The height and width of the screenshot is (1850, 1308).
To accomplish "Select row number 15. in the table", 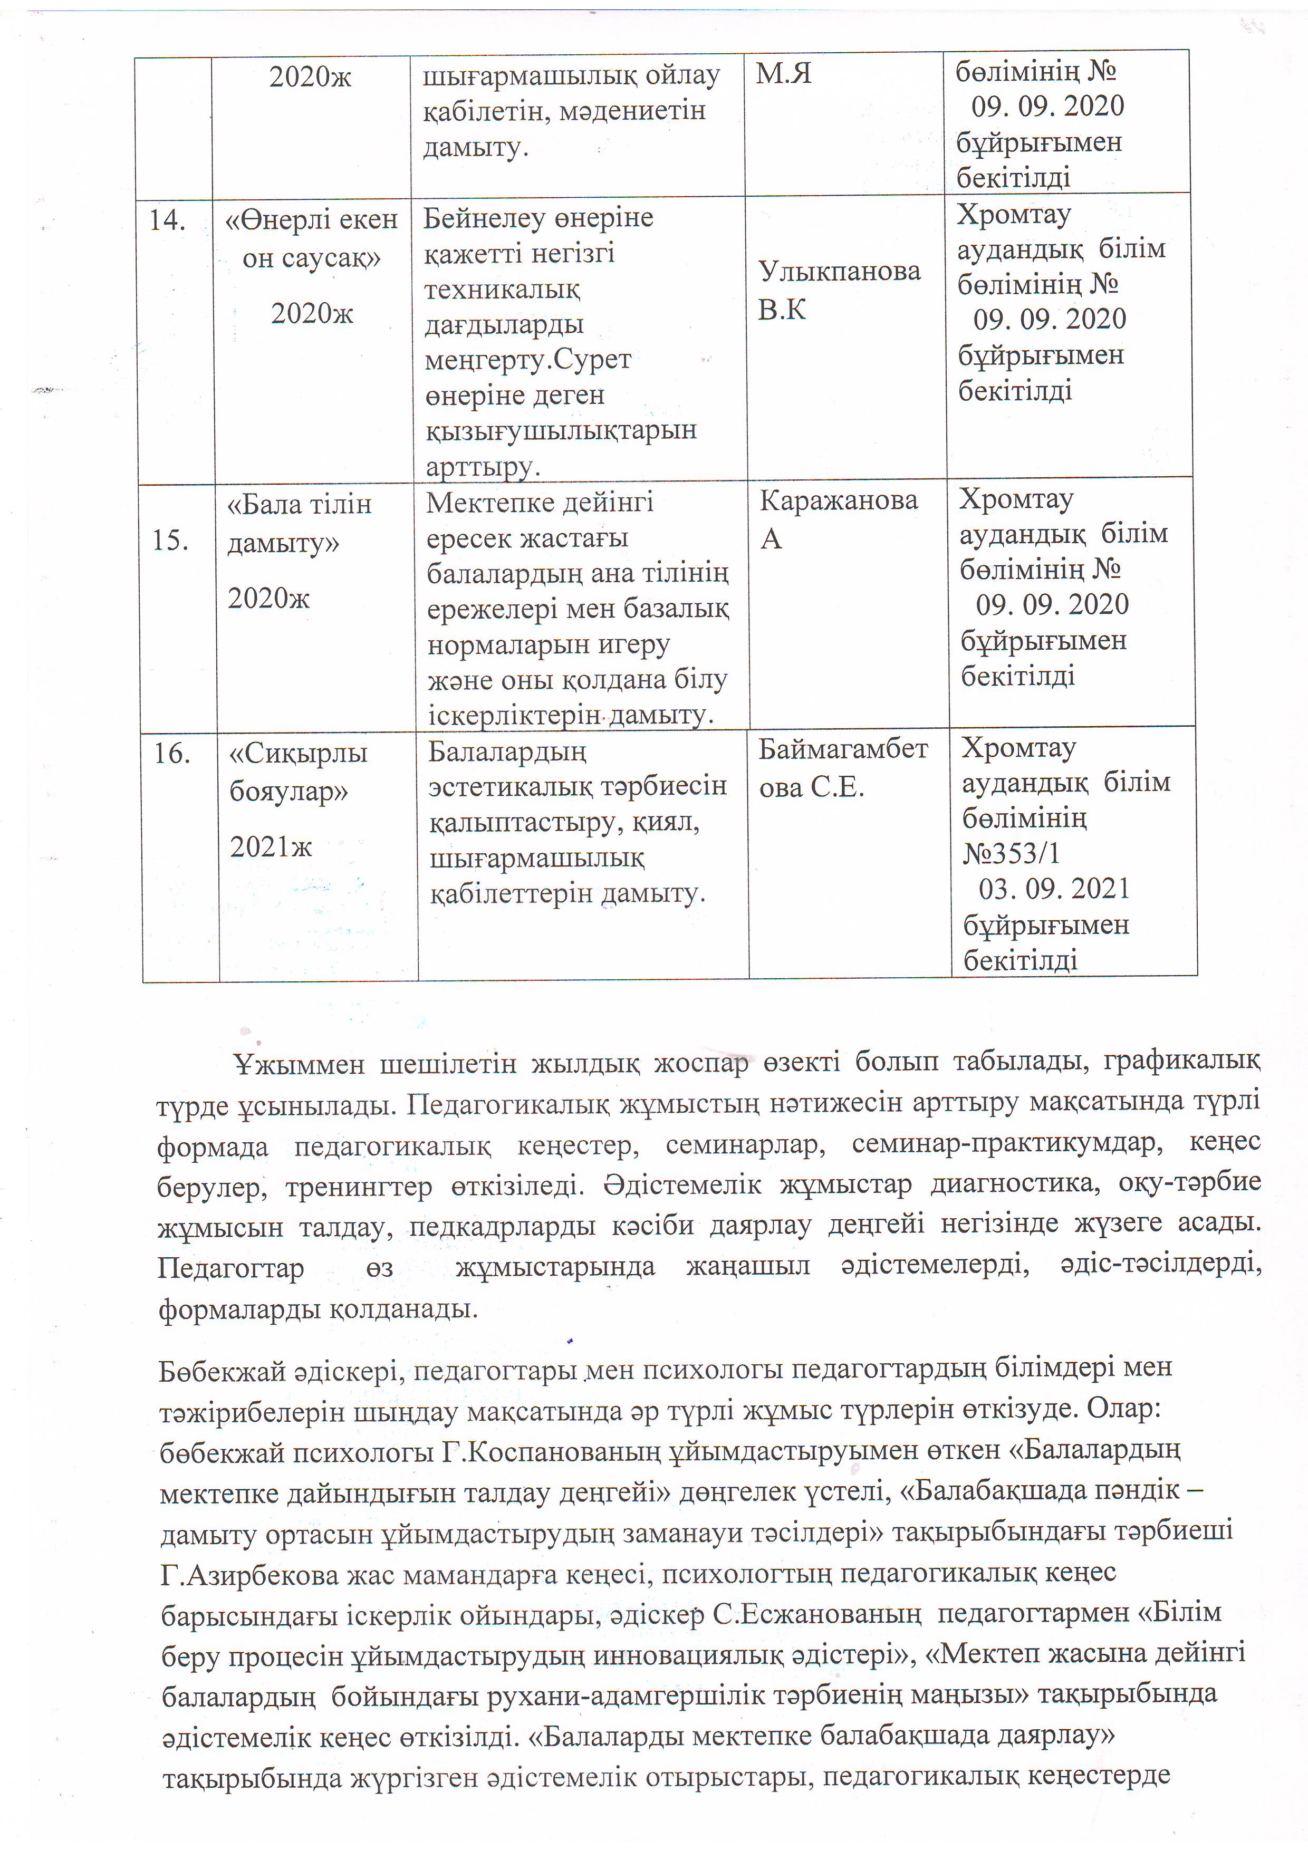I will coord(171,540).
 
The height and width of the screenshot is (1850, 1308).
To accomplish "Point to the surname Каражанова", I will coord(838,500).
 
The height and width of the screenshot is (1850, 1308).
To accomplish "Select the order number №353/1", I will coord(1011,852).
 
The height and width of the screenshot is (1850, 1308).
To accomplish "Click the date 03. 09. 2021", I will coord(1053,889).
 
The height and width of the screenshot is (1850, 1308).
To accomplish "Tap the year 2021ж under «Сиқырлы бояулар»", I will coord(271,846).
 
